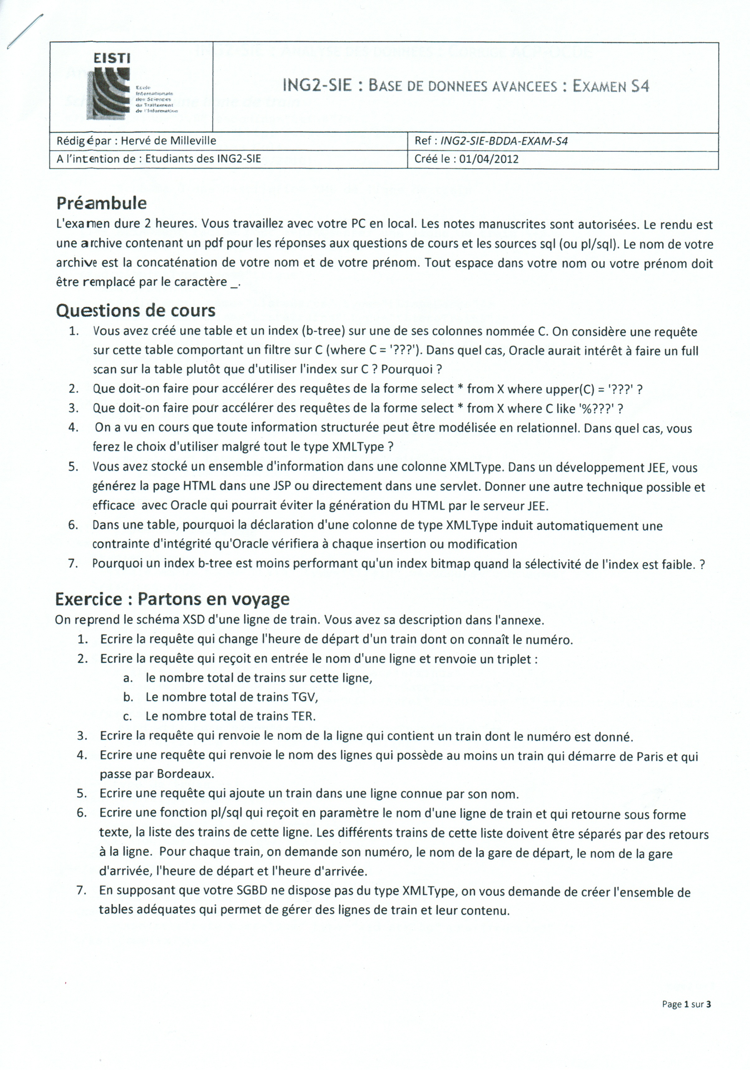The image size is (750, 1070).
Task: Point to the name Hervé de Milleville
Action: [x=168, y=141]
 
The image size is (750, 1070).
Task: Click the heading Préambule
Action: [x=101, y=203]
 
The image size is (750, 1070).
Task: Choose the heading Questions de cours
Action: [x=136, y=310]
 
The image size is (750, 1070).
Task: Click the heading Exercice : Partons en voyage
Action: [x=172, y=599]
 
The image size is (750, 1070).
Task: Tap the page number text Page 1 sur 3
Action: [x=686, y=1004]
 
